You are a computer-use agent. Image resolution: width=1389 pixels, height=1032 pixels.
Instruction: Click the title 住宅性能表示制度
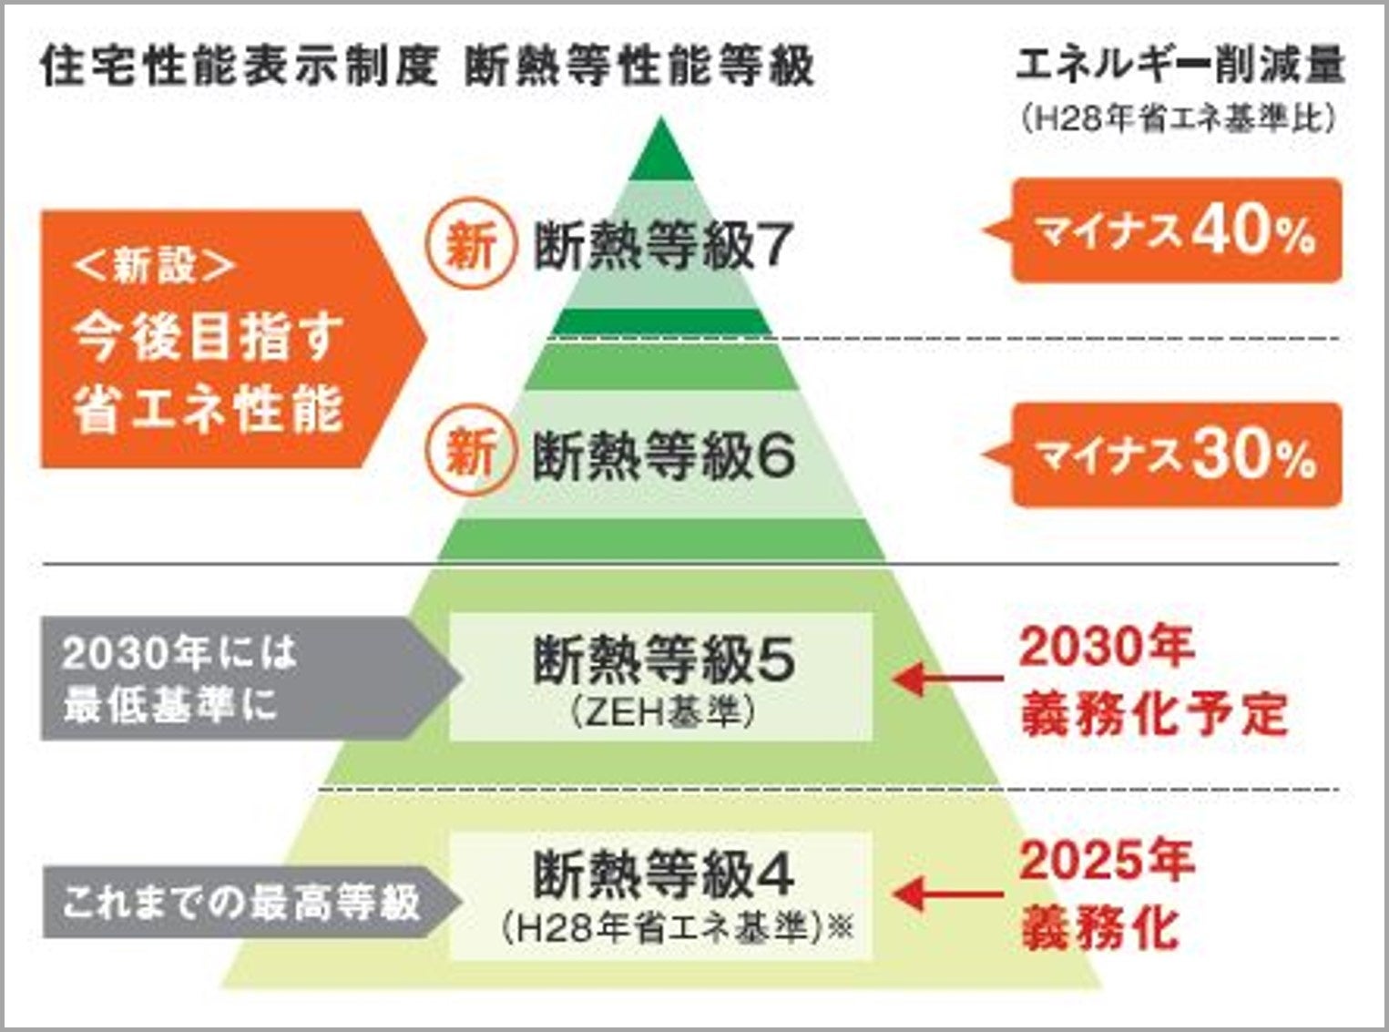point(239,66)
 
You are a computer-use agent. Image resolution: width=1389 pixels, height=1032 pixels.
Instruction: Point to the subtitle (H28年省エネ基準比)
point(1179,118)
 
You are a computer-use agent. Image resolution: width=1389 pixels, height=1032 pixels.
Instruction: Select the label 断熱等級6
point(662,455)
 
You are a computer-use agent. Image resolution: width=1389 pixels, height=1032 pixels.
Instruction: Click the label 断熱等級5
point(662,659)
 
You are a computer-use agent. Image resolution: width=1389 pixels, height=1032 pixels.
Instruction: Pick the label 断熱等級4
point(662,873)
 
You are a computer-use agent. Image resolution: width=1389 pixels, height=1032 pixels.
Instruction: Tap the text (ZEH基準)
point(662,712)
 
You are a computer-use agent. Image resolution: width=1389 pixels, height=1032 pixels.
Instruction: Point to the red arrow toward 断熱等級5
point(947,679)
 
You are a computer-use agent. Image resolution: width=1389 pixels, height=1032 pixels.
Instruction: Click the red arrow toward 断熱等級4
point(947,894)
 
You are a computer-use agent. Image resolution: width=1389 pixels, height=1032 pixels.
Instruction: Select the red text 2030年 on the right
point(1106,648)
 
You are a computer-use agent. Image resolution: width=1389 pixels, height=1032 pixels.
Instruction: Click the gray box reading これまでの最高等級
point(241,903)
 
